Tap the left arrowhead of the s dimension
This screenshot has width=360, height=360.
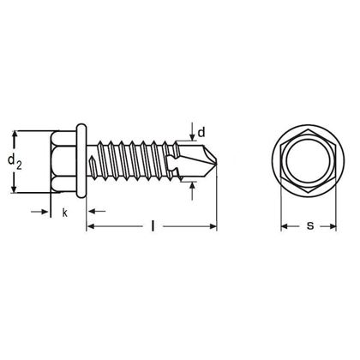[286, 226]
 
